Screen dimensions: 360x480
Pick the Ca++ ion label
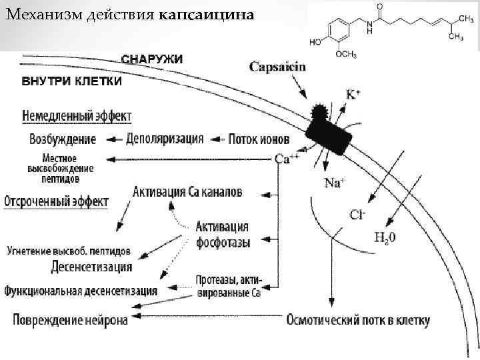click(287, 159)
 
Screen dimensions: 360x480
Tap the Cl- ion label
click(358, 214)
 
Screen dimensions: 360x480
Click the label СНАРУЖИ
click(152, 59)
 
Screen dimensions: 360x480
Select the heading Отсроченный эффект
click(57, 201)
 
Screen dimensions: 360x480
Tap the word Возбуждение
click(63, 139)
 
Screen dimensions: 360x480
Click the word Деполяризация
click(165, 139)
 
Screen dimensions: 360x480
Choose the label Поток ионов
click(259, 139)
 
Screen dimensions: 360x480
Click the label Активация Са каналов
click(188, 192)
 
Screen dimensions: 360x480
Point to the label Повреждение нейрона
click(71, 319)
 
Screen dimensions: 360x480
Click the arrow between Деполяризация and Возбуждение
click(112, 139)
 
